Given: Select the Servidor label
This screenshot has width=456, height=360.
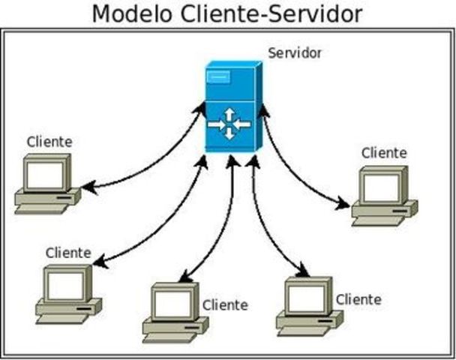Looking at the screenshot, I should coord(294,54).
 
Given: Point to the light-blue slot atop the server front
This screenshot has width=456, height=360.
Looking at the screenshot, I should coord(218,76).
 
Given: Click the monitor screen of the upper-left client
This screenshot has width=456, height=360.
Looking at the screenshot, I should coord(44,174).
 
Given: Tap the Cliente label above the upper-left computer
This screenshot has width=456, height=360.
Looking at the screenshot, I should coord(49,141).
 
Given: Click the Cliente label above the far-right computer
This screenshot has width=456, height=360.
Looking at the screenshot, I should coord(383,153).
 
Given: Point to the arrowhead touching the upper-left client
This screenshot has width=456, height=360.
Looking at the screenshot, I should coord(88,187).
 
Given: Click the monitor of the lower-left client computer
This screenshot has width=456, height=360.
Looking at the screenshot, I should coord(65,286).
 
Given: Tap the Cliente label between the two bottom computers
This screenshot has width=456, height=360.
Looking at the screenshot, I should coord(225,305).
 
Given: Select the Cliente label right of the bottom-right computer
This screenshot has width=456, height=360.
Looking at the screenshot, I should coord(358,299).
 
